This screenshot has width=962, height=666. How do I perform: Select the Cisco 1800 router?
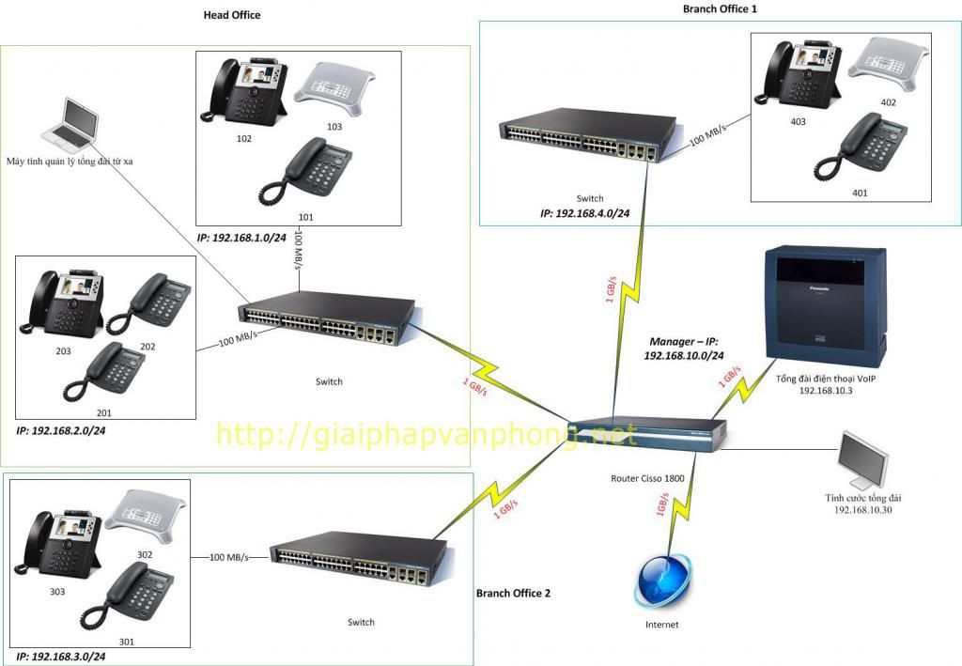[648, 435]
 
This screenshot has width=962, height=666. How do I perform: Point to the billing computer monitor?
[863, 461]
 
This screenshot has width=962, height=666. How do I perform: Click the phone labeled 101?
[305, 171]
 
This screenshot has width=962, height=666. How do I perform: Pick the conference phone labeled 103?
[334, 89]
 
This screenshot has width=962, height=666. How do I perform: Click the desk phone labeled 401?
[861, 147]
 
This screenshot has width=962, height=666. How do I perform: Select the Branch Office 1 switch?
[588, 135]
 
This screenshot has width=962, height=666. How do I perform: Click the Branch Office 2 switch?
[360, 560]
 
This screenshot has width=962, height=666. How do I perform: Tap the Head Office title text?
[232, 15]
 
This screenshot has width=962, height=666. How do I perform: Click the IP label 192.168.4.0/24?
[584, 213]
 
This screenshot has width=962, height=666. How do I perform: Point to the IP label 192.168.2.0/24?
[61, 430]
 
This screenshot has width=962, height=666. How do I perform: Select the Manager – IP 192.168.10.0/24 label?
[684, 348]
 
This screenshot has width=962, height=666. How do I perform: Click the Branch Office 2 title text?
[514, 593]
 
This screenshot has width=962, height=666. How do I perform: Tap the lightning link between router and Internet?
[681, 503]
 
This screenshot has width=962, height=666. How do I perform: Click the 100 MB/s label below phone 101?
[299, 250]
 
